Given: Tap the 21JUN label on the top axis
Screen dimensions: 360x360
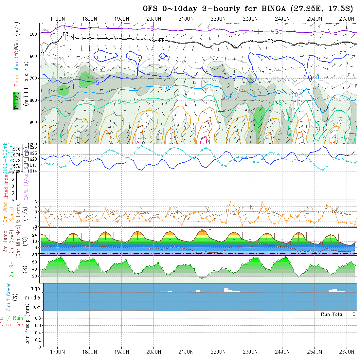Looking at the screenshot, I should click(186, 19).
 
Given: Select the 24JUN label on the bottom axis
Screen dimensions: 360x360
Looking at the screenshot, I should click(282, 352).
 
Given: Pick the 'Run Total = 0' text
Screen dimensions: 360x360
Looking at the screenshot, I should click(338, 314).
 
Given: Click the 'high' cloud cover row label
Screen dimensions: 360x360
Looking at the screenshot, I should click(35, 288).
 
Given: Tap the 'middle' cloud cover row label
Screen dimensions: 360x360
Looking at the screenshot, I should click(33, 298).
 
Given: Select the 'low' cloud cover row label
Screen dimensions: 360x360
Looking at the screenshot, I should click(36, 307).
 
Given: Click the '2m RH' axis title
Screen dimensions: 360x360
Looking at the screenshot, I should click(12, 269).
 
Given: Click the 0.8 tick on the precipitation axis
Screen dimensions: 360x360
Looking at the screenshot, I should click(38, 318).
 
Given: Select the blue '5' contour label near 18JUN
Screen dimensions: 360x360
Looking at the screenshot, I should click(97, 83).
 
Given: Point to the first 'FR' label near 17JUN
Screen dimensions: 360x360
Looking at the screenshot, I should click(65, 34).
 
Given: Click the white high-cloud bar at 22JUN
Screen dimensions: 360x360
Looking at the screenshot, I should click(226, 290).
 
